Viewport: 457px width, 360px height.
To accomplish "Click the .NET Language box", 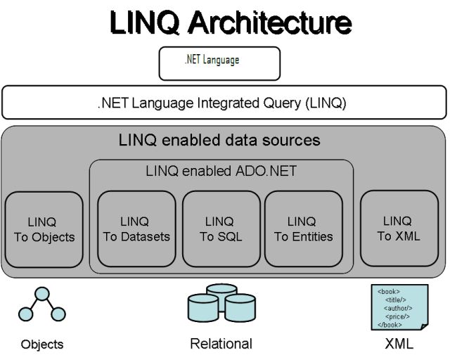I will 219,63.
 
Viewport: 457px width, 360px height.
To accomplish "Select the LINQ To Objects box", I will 44,229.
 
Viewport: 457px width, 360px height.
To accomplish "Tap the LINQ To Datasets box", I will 136,229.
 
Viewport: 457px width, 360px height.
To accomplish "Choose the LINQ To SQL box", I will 221,229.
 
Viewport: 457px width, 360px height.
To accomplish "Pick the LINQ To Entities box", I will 303,229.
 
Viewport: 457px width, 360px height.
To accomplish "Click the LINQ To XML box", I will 399,229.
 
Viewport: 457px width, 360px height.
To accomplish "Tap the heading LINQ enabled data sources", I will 219,140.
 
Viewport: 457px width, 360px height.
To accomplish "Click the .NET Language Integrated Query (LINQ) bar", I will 224,103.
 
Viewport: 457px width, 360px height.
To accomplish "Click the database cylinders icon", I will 221,307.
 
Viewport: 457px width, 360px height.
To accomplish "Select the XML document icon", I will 399,307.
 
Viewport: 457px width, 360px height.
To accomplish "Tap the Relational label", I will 221,344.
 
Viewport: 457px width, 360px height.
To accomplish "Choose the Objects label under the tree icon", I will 42,345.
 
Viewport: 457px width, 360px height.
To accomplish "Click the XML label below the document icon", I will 399,344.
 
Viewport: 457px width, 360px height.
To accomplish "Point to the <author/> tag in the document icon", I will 398,308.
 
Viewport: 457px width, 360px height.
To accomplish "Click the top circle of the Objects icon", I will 43,293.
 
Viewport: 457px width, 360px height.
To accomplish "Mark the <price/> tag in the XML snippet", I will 397,316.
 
